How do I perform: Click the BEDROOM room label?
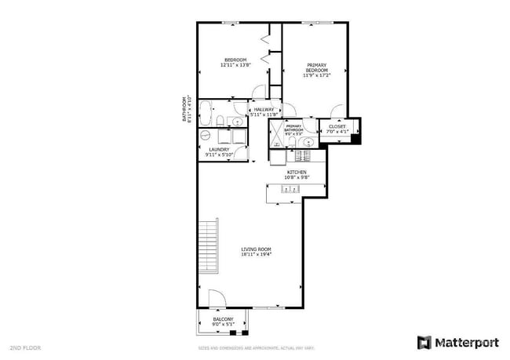click(235, 60)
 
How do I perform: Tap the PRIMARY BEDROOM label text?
click(316, 67)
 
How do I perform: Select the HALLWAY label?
click(264, 110)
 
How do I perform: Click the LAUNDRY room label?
click(218, 149)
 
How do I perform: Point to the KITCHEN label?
click(297, 172)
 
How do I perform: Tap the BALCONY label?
click(223, 319)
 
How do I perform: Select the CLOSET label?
click(337, 125)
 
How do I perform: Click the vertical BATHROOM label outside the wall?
click(186, 110)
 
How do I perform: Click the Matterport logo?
click(457, 342)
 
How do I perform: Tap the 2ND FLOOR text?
click(25, 346)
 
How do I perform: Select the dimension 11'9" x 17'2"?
click(316, 76)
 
